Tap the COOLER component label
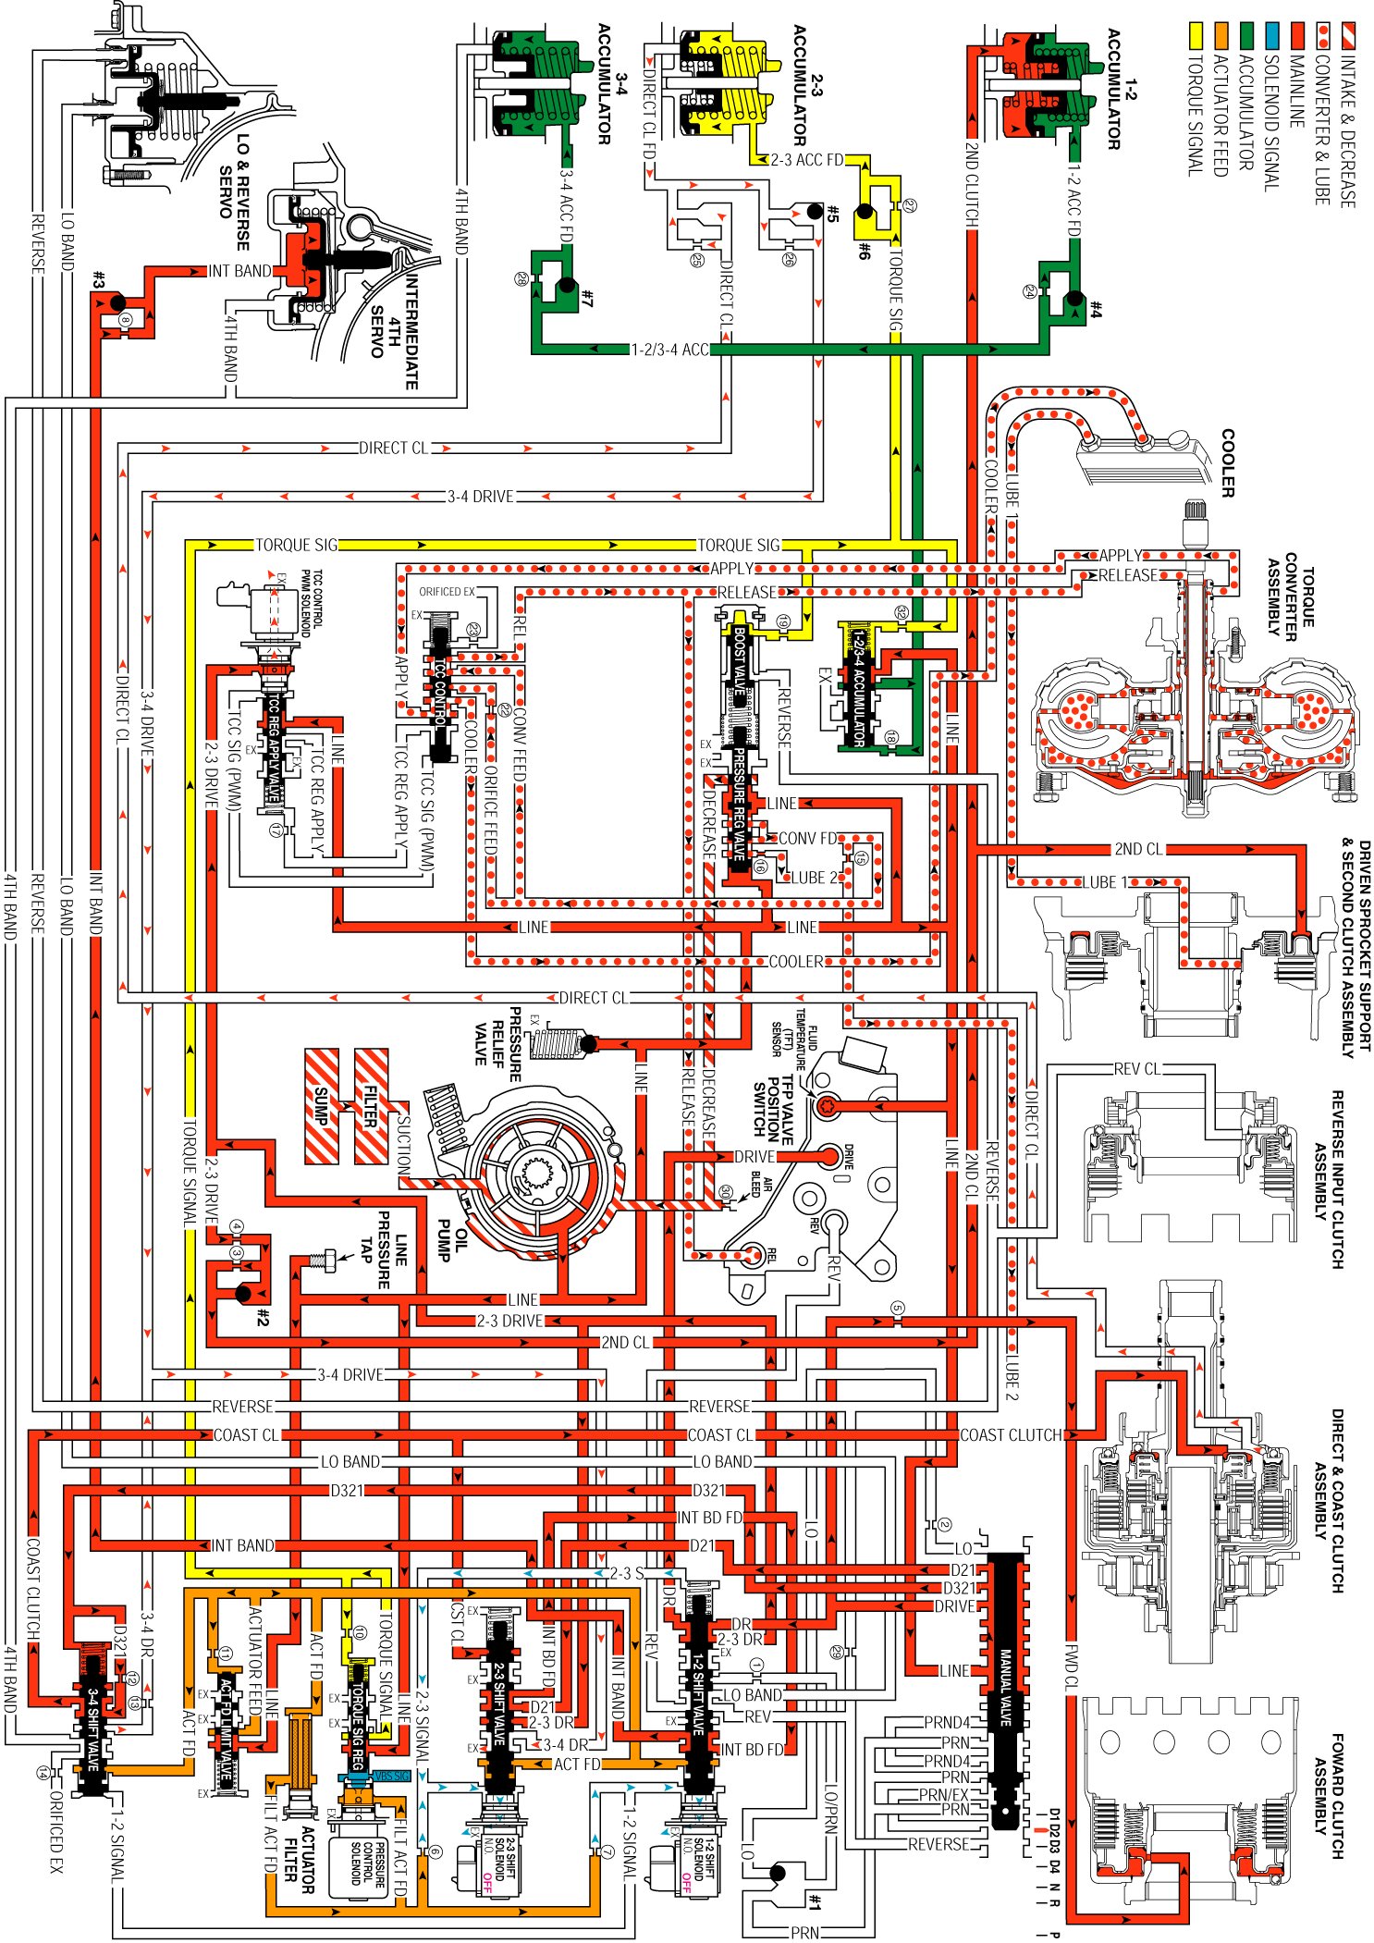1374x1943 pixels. click(x=1228, y=462)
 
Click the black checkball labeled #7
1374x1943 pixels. click(x=565, y=287)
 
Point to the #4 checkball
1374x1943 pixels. click(x=1073, y=298)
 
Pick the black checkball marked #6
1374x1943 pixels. click(x=865, y=213)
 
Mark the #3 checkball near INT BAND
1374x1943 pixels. click(x=117, y=302)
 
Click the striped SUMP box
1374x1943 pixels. click(x=322, y=1106)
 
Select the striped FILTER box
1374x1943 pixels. click(x=372, y=1106)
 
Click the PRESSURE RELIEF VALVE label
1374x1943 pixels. click(x=499, y=1043)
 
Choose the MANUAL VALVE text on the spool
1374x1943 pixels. click(x=1006, y=1686)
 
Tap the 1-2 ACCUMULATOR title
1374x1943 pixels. click(x=1122, y=88)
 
